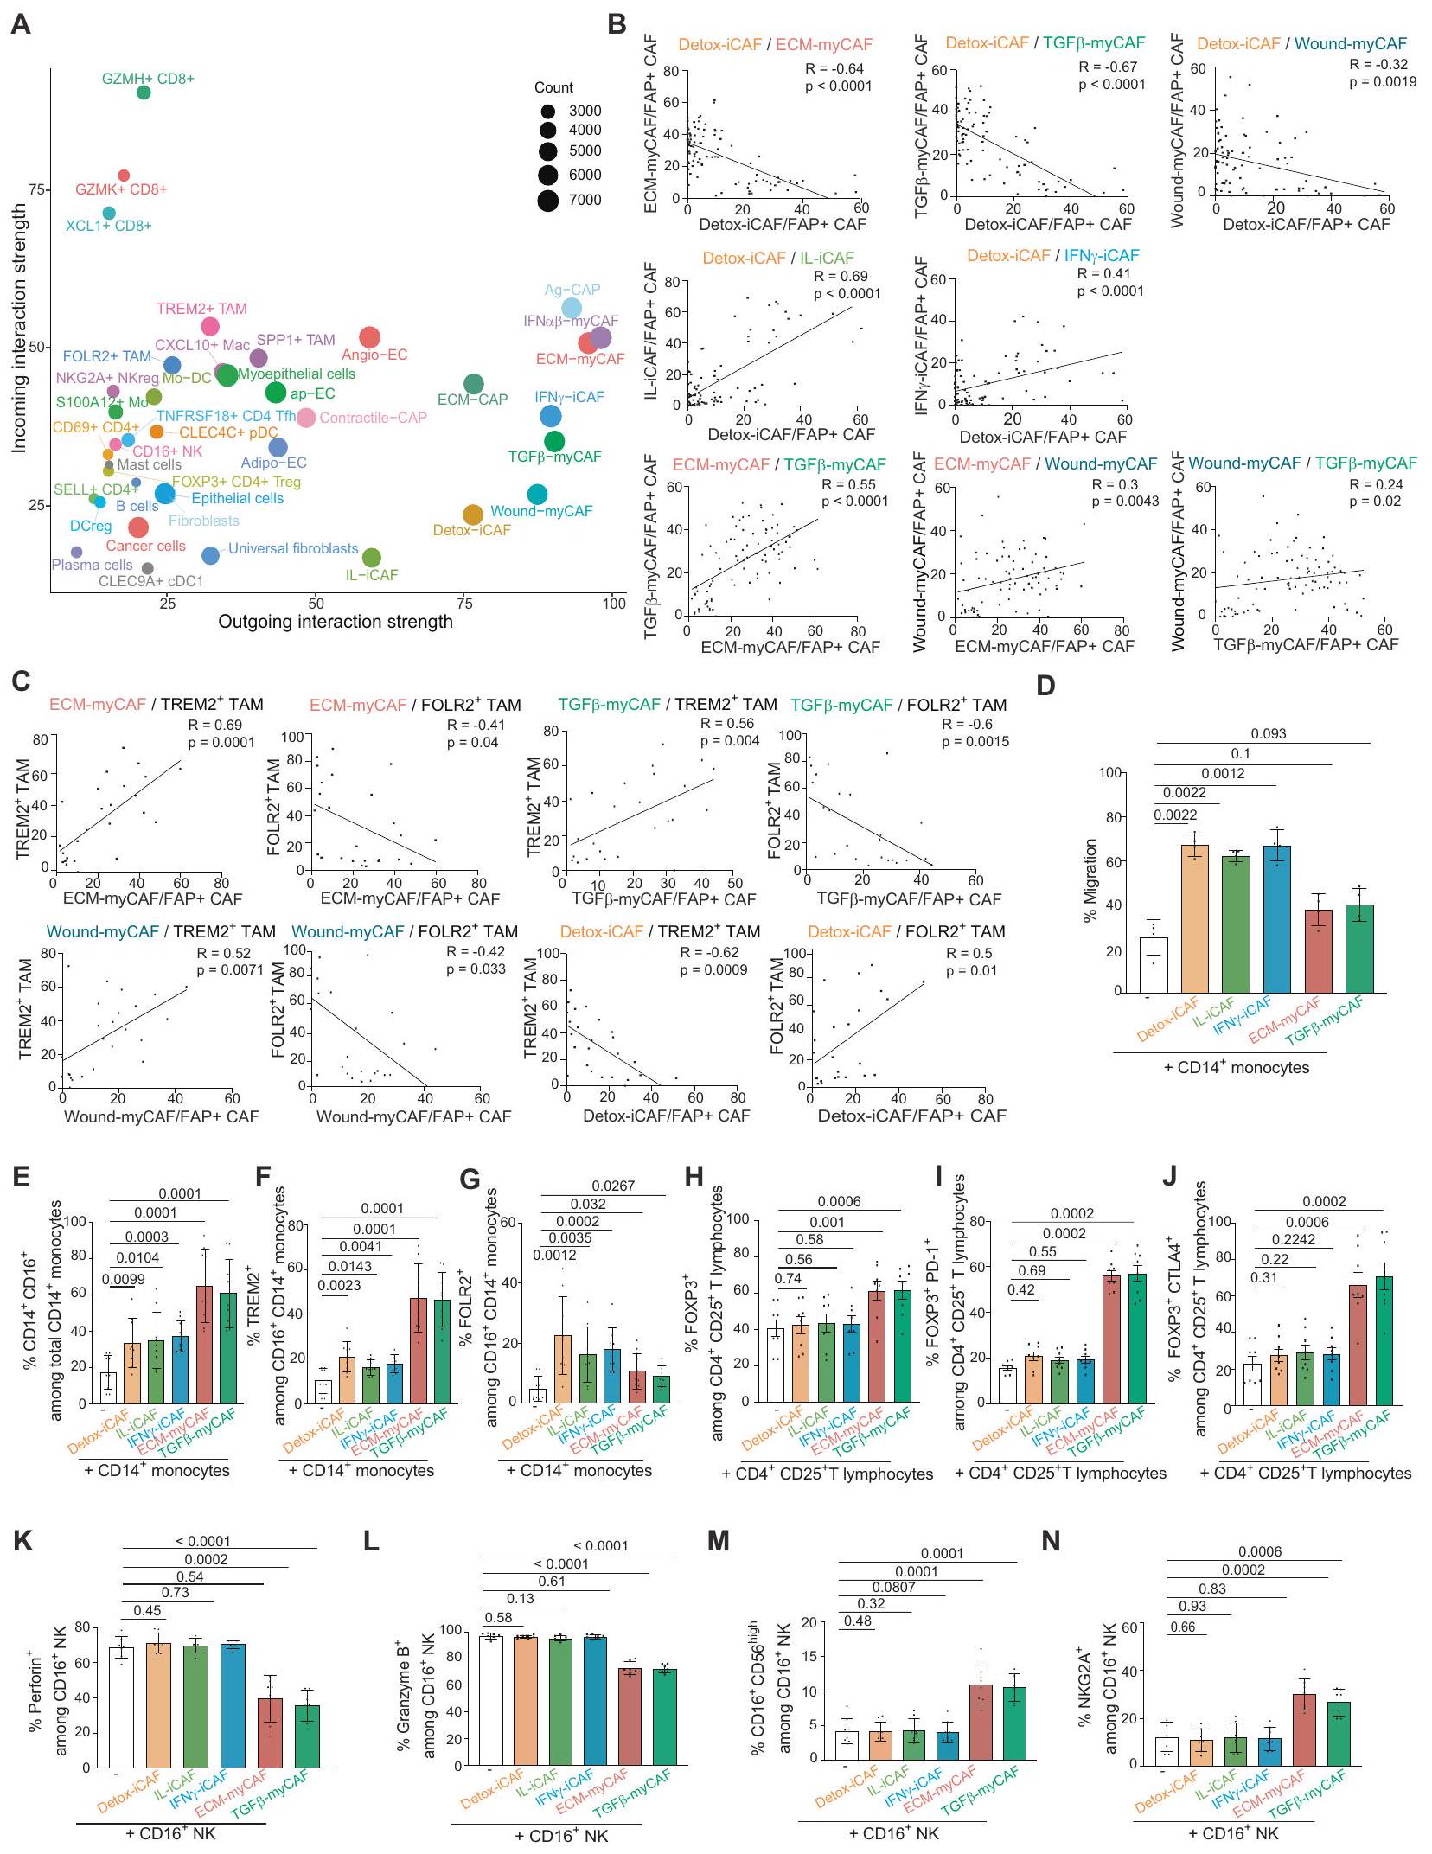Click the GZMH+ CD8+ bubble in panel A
(144, 93)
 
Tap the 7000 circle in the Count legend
(547, 201)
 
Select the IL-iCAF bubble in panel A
(372, 558)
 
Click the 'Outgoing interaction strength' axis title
(335, 622)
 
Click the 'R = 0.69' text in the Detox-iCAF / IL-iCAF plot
(841, 277)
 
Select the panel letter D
(1045, 686)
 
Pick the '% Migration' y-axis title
(1090, 880)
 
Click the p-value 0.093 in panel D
(1268, 733)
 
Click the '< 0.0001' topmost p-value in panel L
(601, 1545)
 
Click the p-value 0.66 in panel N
(1181, 1627)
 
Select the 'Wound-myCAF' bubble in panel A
(537, 495)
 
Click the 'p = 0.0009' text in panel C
(713, 969)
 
